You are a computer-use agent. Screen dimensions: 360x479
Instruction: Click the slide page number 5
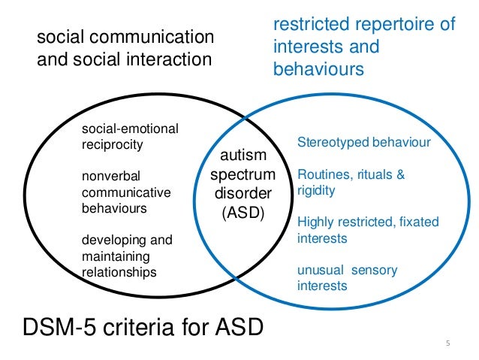coord(447,344)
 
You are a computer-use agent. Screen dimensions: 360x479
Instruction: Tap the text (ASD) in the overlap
coord(242,213)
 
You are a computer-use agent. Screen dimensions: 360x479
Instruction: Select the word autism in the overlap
coord(242,156)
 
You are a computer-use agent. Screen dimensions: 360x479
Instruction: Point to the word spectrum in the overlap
coord(243,174)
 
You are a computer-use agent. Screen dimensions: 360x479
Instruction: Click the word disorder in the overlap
coord(242,193)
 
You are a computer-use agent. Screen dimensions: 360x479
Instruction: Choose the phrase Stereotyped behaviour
coord(364,142)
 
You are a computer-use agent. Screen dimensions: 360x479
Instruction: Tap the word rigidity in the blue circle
coord(316,190)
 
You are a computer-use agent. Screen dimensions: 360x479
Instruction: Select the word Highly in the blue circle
coord(315,222)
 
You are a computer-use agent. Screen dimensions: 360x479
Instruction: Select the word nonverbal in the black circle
coord(109,177)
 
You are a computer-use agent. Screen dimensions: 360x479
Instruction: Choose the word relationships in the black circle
coord(119,272)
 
